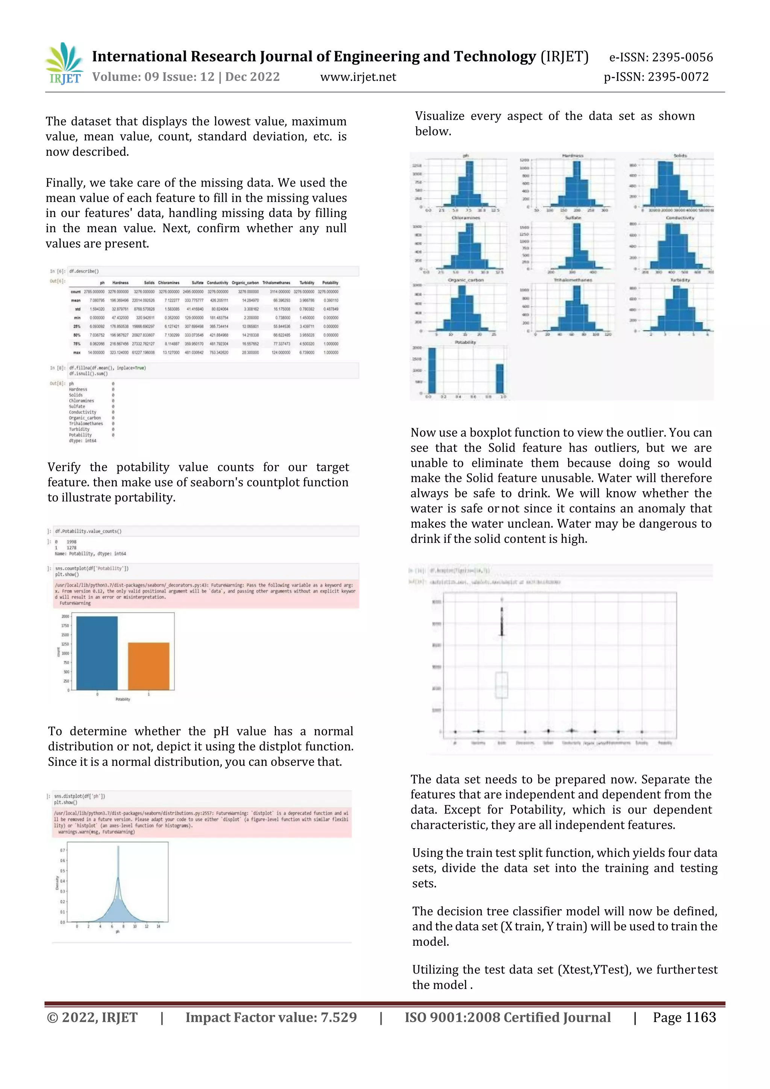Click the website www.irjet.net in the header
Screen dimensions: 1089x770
click(358, 77)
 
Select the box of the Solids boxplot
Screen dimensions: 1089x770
click(502, 685)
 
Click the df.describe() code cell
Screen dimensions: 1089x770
click(84, 271)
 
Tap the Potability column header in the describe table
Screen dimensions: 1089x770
click(330, 283)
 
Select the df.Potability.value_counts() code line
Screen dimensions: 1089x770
click(88, 531)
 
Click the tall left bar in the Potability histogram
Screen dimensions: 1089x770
click(432, 371)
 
